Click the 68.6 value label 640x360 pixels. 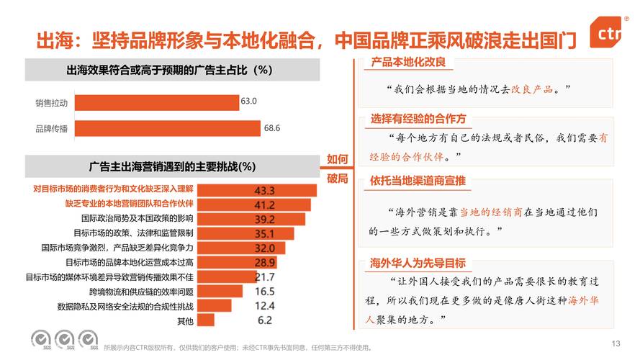click(271, 128)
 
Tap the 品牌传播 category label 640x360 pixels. click(51, 129)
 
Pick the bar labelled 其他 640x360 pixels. click(206, 320)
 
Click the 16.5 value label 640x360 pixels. click(265, 292)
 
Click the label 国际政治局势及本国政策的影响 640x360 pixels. click(137, 218)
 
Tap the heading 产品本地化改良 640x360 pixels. click(408, 63)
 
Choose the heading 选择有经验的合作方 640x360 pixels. click(418, 119)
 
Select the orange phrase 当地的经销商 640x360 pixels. click(491, 212)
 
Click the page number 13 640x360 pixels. click(615, 343)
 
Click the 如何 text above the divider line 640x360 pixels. click(338, 159)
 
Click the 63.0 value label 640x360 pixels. click(249, 102)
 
